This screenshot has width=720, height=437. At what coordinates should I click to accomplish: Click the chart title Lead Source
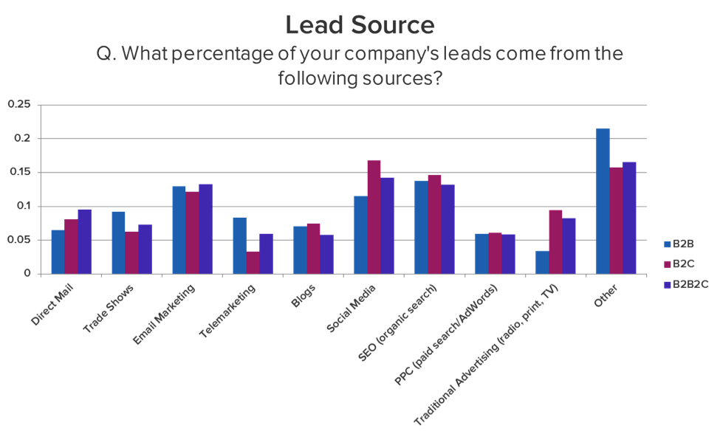point(360,25)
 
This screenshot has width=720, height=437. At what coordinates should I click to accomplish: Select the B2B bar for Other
point(603,201)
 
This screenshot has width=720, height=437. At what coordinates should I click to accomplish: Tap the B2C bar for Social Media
point(374,216)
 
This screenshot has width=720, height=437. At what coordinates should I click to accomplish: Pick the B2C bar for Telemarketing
point(253,262)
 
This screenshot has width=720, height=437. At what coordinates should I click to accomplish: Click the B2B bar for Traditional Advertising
point(542,262)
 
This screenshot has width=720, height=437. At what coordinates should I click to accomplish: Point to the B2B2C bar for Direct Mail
point(85,241)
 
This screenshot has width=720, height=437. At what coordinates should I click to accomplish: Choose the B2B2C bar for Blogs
point(326,254)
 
